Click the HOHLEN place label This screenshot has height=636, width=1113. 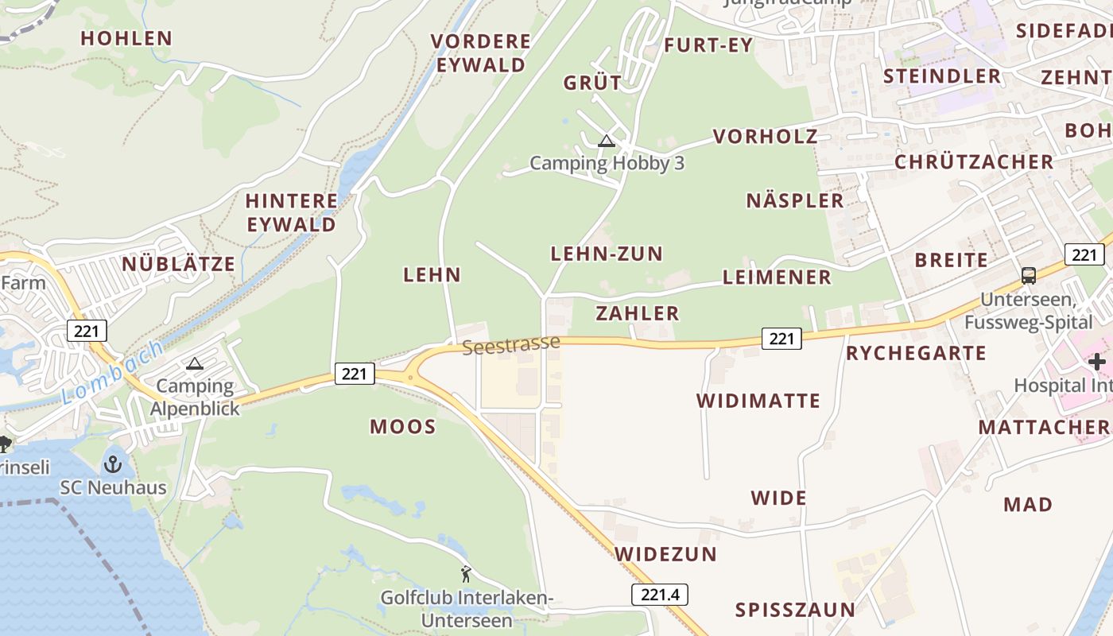click(x=126, y=38)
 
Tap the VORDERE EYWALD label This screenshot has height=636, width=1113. click(x=480, y=53)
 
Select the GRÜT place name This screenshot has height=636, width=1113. click(x=592, y=83)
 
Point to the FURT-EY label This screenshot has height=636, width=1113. click(x=708, y=45)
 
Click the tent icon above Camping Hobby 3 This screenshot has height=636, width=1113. click(x=607, y=142)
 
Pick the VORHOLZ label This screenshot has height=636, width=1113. click(x=765, y=137)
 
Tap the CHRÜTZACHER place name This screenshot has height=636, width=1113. click(x=974, y=162)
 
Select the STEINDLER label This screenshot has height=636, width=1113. click(x=942, y=76)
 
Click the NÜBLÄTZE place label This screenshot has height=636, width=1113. click(x=178, y=264)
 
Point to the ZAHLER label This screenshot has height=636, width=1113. click(x=638, y=313)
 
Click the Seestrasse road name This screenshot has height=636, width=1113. click(x=511, y=345)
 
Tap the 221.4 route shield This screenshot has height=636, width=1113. click(x=660, y=594)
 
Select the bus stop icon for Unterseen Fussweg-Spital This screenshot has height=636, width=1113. click(x=1029, y=276)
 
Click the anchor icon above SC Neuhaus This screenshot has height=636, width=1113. click(x=113, y=463)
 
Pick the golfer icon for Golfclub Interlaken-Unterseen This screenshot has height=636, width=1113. click(x=466, y=573)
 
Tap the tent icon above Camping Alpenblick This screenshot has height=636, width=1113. click(x=195, y=364)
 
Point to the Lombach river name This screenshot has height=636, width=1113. click(x=111, y=373)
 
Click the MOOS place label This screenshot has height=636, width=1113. click(x=403, y=427)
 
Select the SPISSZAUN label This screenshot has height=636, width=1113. click(x=795, y=610)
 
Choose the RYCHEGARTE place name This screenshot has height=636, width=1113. click(x=916, y=353)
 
